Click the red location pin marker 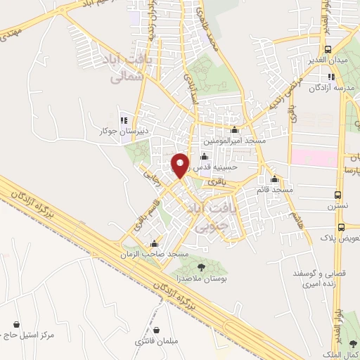[180, 165]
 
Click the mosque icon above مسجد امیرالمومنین [235, 130]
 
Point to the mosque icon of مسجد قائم [275, 179]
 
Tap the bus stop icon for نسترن [340, 195]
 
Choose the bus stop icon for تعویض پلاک [341, 227]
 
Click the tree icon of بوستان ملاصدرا [202, 266]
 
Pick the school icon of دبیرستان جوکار [124, 119]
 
